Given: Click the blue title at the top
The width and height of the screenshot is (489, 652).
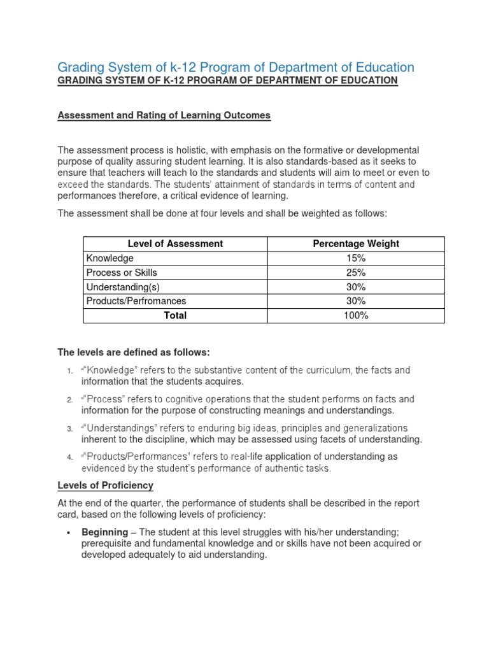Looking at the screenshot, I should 236,67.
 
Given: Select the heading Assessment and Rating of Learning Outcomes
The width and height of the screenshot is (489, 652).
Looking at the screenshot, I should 164,115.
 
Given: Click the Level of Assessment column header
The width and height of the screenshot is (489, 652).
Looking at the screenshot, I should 175,243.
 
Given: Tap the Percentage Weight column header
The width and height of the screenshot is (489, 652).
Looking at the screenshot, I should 356,243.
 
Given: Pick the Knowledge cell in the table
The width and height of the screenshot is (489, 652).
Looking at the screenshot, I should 110,258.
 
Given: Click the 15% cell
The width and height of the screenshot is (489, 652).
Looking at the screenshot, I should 356,258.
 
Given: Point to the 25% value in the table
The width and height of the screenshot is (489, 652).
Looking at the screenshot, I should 356,272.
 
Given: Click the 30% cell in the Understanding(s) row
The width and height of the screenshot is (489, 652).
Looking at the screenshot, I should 356,287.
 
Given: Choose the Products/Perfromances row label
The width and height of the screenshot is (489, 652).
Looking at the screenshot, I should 136,301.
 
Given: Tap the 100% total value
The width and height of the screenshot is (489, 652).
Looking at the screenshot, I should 356,315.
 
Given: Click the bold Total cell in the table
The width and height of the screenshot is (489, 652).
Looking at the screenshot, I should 175,315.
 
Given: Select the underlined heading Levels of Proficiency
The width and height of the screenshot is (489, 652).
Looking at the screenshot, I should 106,485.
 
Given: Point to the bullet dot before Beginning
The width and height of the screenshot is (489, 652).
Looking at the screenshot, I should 68,532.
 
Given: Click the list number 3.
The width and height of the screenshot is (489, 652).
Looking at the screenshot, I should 69,429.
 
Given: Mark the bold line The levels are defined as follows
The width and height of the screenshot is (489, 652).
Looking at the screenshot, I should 134,352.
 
